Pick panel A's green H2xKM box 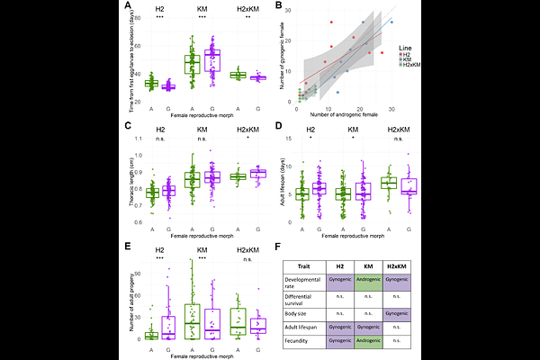238,76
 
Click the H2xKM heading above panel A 247,9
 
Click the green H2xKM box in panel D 388,183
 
